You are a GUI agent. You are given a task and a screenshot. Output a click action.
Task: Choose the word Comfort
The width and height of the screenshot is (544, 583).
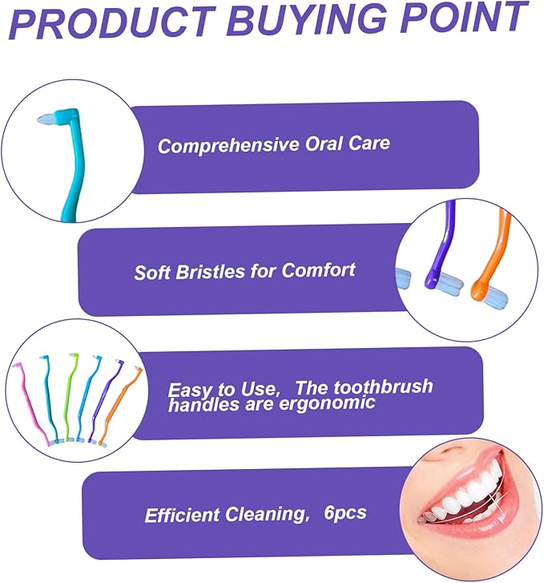coord(318,269)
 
